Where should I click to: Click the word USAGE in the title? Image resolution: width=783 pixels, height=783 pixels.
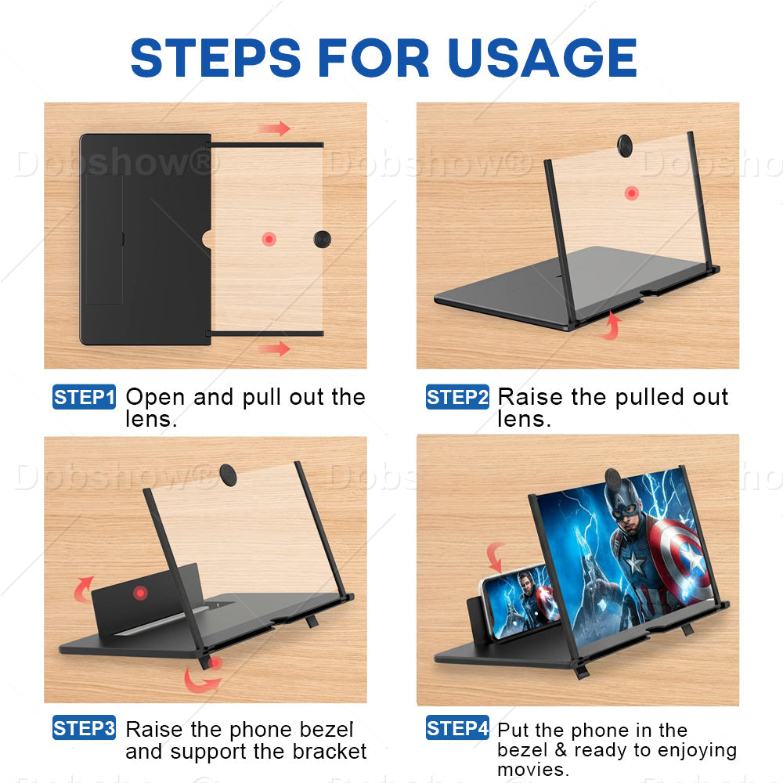(x=543, y=58)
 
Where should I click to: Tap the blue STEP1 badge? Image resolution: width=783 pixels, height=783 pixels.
(x=84, y=397)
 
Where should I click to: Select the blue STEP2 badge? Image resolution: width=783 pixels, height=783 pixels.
(x=457, y=397)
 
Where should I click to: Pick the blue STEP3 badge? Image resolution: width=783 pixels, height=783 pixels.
(x=84, y=727)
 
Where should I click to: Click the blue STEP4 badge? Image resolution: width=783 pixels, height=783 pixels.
(x=457, y=727)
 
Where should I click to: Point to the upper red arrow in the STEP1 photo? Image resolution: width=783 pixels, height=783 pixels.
(x=274, y=128)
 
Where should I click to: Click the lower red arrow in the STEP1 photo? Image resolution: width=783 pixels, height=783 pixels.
(x=274, y=348)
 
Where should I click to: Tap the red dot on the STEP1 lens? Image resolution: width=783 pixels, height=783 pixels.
(x=269, y=239)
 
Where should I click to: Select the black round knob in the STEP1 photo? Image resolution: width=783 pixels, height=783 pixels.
(x=322, y=239)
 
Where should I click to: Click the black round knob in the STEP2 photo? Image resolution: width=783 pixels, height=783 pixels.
(x=624, y=146)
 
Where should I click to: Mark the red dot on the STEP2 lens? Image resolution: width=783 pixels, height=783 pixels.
(x=632, y=193)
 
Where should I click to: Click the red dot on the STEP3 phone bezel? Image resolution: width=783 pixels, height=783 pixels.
(x=140, y=593)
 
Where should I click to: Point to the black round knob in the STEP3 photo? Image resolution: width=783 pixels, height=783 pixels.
(x=228, y=474)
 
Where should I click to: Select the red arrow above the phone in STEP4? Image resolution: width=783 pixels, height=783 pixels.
(x=495, y=557)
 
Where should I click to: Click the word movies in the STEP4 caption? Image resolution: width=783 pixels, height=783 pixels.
(x=532, y=770)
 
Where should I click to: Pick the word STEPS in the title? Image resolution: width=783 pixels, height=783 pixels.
(x=216, y=58)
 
